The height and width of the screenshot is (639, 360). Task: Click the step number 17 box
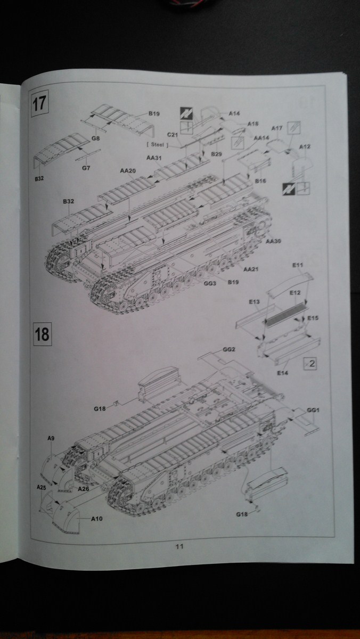pos(40,102)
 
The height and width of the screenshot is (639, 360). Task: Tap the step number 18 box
pos(42,334)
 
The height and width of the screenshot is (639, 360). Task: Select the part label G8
pos(95,138)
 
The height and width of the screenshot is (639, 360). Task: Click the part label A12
pos(305,146)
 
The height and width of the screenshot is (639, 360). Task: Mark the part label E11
pos(298,265)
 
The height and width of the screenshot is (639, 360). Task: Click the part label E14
pos(282,373)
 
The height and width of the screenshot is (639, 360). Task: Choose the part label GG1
pos(314,411)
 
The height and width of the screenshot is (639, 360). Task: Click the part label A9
pos(51,438)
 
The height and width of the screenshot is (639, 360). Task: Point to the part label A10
pos(97,518)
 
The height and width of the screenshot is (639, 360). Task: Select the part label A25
pos(42,487)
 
